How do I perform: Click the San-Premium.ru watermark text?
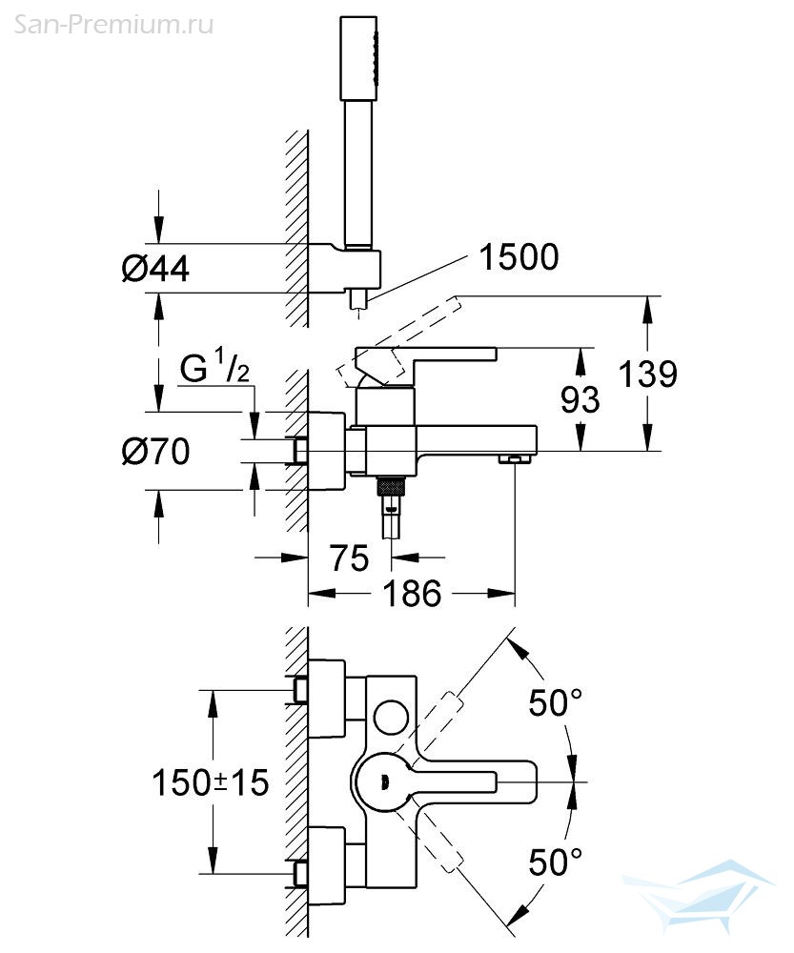(113, 25)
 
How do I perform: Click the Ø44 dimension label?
(155, 268)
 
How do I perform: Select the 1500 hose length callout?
(519, 257)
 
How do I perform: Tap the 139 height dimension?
(647, 374)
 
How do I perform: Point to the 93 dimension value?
(580, 400)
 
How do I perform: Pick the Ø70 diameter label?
(155, 451)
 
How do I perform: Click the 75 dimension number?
(349, 558)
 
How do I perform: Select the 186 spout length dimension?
(412, 593)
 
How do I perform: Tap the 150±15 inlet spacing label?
(210, 782)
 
